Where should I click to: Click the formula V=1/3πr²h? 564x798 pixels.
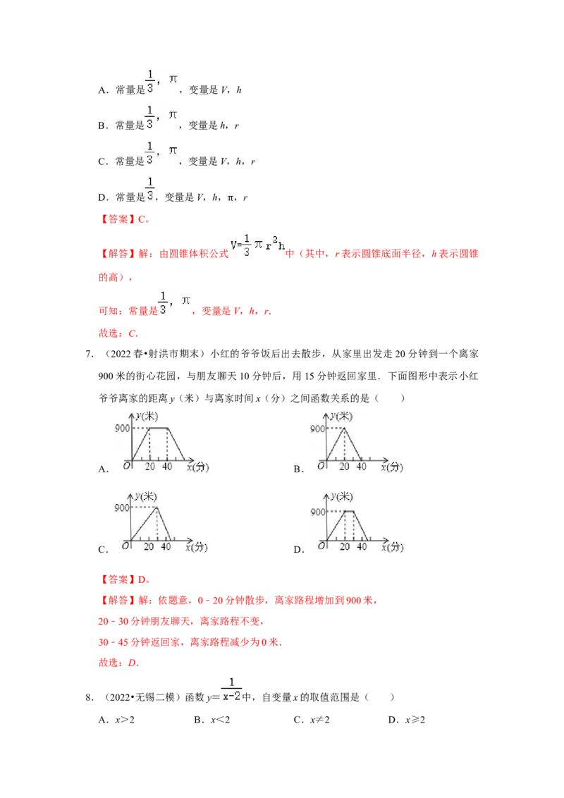click(x=257, y=245)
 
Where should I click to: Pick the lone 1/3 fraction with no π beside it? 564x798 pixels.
click(x=149, y=188)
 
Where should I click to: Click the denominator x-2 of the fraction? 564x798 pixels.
click(x=231, y=696)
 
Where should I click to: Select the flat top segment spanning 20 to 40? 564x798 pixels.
click(x=158, y=428)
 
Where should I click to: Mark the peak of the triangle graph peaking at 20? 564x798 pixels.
click(x=343, y=428)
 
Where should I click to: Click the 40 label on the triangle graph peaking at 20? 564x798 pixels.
click(x=361, y=466)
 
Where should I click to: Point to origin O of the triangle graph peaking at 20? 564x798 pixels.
click(x=320, y=466)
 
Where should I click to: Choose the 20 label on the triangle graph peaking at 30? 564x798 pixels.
click(x=149, y=547)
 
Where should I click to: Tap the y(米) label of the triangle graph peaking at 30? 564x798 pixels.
click(x=147, y=497)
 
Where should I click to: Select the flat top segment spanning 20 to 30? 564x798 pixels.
click(x=348, y=511)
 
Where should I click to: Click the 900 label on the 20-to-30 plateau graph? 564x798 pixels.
click(x=318, y=512)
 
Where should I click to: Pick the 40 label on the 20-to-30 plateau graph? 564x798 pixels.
click(x=362, y=547)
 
